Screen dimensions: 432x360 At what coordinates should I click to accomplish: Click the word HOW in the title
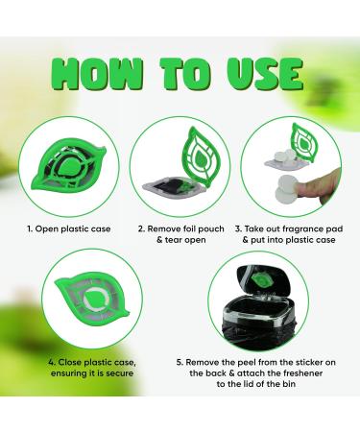(x=92, y=73)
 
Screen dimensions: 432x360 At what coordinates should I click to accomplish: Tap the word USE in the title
(x=266, y=73)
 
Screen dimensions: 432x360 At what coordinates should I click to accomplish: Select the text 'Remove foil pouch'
(x=184, y=230)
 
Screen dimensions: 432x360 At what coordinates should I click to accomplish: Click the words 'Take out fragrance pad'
(x=298, y=230)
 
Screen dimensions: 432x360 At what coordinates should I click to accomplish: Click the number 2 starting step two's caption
(x=141, y=230)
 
